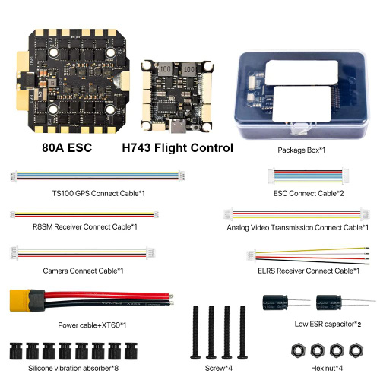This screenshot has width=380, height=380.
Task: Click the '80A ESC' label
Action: coord(67,148)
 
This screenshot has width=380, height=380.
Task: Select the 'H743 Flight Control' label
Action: coord(177,148)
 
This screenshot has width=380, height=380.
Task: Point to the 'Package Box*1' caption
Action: coord(302,150)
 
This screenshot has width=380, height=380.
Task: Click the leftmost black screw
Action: coord(195,332)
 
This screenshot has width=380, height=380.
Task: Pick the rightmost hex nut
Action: coord(356,350)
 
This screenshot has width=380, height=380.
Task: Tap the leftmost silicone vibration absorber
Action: coord(16,351)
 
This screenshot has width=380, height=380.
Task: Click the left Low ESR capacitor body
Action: coord(275,302)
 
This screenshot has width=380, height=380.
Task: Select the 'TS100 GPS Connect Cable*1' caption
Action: coord(99,194)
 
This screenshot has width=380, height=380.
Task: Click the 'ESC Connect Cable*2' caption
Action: coord(309,194)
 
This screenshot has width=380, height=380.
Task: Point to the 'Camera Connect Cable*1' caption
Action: coord(83,271)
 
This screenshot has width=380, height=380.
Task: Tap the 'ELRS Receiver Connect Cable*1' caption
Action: coord(309,271)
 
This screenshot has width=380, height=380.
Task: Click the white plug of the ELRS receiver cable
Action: coord(251,255)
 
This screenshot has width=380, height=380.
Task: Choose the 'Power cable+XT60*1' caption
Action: coord(92,325)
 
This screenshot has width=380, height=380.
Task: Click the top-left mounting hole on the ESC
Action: coord(53,52)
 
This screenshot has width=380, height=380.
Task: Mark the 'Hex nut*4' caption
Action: coord(327,368)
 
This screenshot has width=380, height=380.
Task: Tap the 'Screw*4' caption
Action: coord(219,368)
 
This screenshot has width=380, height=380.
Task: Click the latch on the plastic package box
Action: coord(301,128)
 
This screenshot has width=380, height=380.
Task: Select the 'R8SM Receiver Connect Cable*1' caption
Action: coord(85,226)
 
